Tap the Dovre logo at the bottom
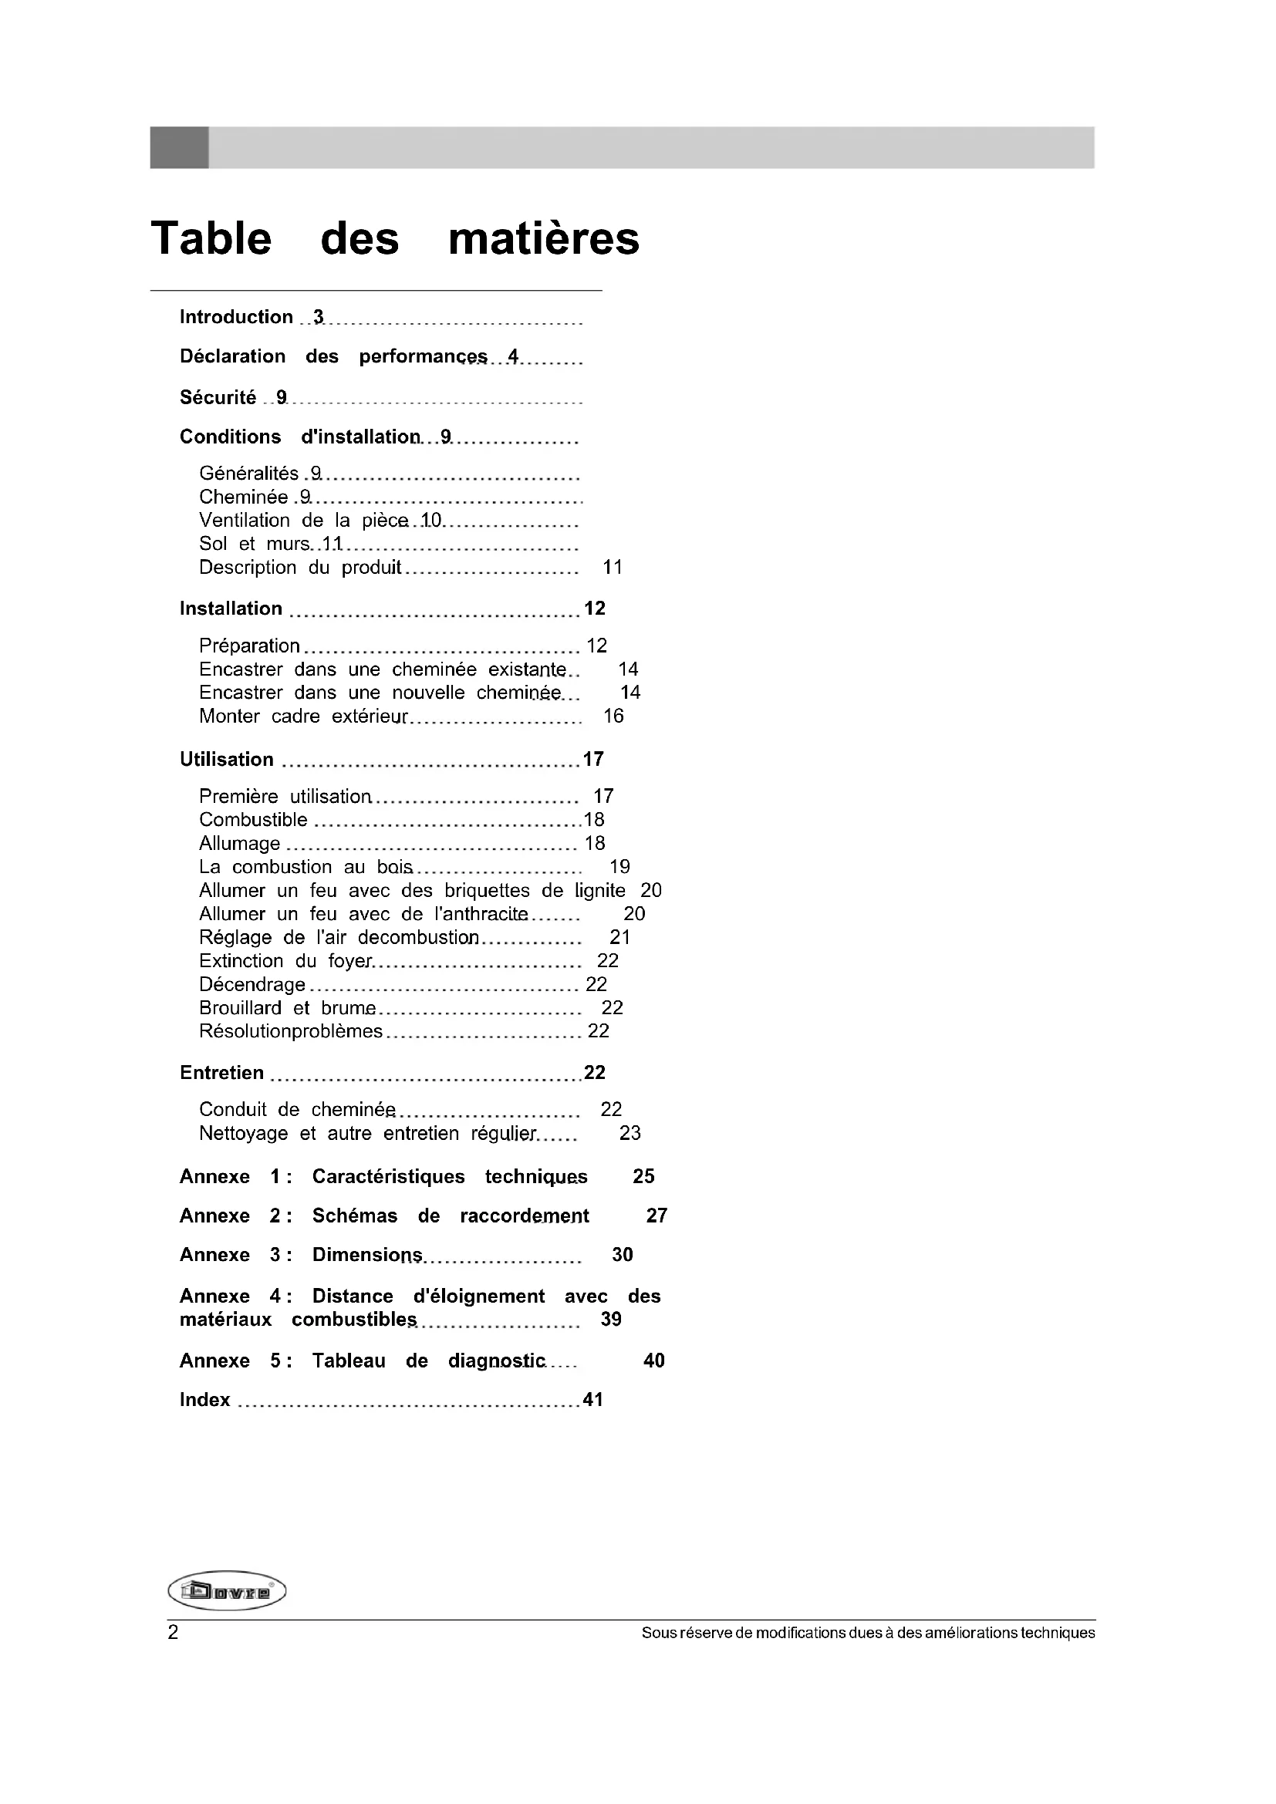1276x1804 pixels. tap(227, 1591)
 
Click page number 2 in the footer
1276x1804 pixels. tap(173, 1633)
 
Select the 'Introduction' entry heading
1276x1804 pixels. tap(236, 317)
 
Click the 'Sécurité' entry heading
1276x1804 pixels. tap(218, 397)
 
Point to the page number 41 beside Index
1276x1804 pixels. tap(593, 1399)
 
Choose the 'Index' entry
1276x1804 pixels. tap(205, 1399)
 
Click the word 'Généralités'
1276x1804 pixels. tap(248, 473)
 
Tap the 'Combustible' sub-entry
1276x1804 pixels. tap(253, 820)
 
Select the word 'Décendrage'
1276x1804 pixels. tap(252, 984)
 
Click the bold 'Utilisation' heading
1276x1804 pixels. tap(226, 759)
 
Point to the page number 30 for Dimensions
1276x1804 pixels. tap(623, 1255)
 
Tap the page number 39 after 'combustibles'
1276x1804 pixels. tap(610, 1319)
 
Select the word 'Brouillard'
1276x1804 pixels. tap(244, 1008)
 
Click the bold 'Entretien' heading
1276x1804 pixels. tap(221, 1073)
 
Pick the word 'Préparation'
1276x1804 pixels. tap(249, 646)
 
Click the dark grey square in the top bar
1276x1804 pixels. tap(179, 148)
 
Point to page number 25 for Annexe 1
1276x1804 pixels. tap(643, 1176)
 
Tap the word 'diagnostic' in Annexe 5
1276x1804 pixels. tap(497, 1361)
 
